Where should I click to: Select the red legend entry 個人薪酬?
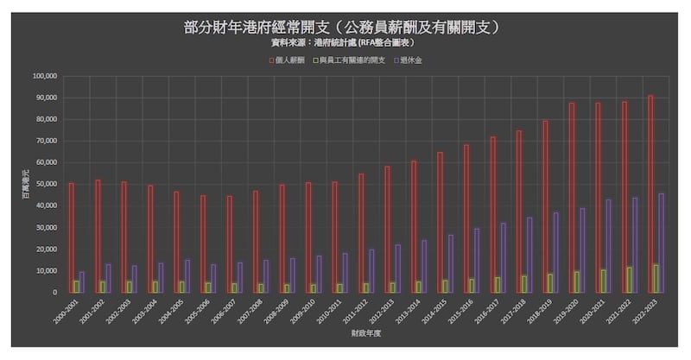[284, 60]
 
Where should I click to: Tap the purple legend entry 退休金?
[414, 60]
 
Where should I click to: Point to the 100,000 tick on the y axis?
[44, 76]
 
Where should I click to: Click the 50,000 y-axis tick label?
[46, 184]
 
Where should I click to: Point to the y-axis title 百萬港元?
[25, 185]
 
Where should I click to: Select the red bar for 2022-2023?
[650, 193]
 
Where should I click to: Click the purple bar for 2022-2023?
[661, 243]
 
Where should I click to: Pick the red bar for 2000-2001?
[71, 237]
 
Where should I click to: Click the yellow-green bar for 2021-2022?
[630, 280]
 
